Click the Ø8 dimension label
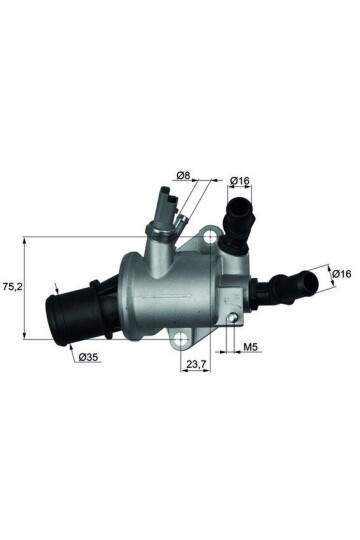click(183, 177)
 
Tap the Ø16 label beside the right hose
click(341, 273)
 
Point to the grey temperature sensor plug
click(164, 210)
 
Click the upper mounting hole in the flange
click(209, 237)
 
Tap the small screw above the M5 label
click(232, 319)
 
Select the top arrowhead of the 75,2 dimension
click(24, 238)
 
